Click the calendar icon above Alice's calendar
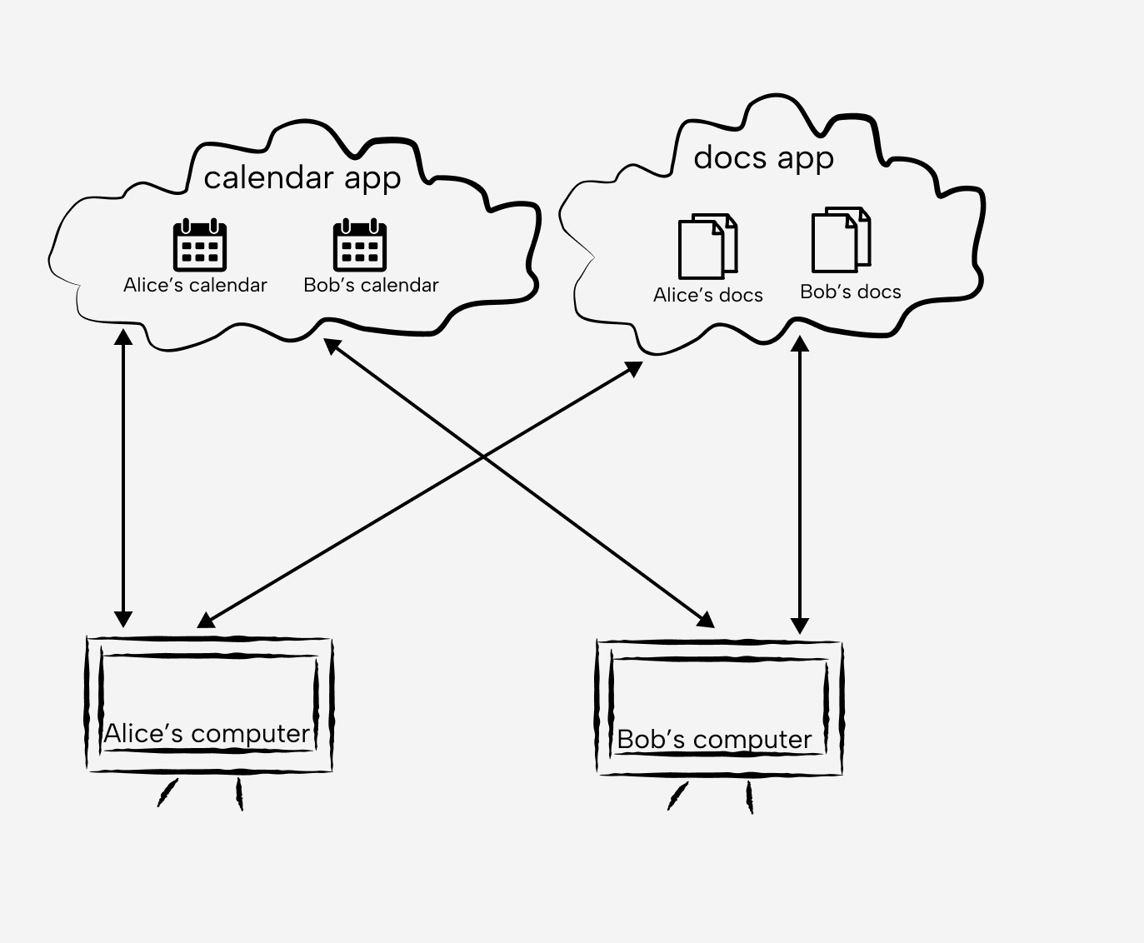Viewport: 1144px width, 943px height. point(200,245)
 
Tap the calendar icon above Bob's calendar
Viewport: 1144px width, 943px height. point(360,245)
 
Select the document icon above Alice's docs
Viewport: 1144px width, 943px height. point(707,247)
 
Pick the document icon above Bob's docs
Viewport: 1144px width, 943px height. point(841,240)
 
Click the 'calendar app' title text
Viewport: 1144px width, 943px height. point(302,178)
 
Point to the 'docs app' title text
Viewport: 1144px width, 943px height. point(763,158)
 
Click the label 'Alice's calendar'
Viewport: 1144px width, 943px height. point(195,285)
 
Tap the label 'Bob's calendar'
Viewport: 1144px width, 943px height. point(371,285)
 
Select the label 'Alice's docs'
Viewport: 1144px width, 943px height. point(707,295)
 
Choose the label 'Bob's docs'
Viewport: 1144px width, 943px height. point(850,292)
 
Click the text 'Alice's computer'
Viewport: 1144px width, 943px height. point(207,734)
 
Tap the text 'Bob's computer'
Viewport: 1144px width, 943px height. point(714,740)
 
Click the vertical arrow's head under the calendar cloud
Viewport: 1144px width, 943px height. point(123,337)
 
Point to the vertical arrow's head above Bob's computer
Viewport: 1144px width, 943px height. point(800,625)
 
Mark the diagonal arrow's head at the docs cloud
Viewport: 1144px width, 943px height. point(634,367)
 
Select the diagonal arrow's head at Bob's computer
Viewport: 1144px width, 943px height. point(707,619)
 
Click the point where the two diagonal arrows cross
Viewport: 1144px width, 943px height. point(483,457)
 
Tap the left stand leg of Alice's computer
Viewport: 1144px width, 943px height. point(167,793)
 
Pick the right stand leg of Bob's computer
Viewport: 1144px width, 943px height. point(749,798)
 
